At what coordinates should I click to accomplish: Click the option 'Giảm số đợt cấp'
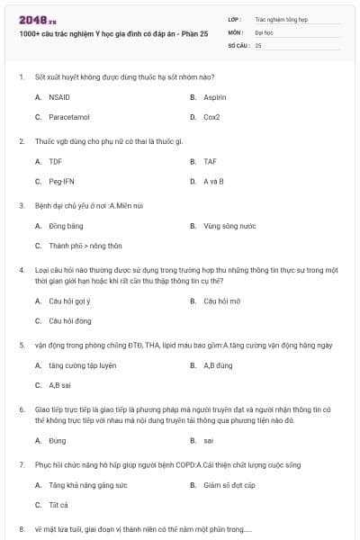[229, 485]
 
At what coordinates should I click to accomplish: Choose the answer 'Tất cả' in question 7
[58, 505]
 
